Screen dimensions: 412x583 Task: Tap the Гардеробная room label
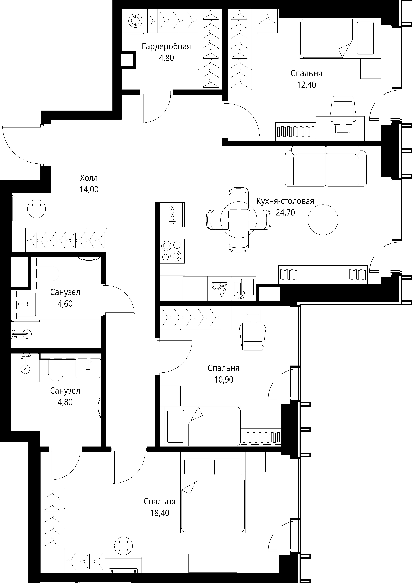click(166, 47)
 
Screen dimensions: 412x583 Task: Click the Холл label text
click(89, 178)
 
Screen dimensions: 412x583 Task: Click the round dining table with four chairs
click(239, 220)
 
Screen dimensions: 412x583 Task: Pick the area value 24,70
click(285, 213)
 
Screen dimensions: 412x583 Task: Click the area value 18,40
click(160, 513)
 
